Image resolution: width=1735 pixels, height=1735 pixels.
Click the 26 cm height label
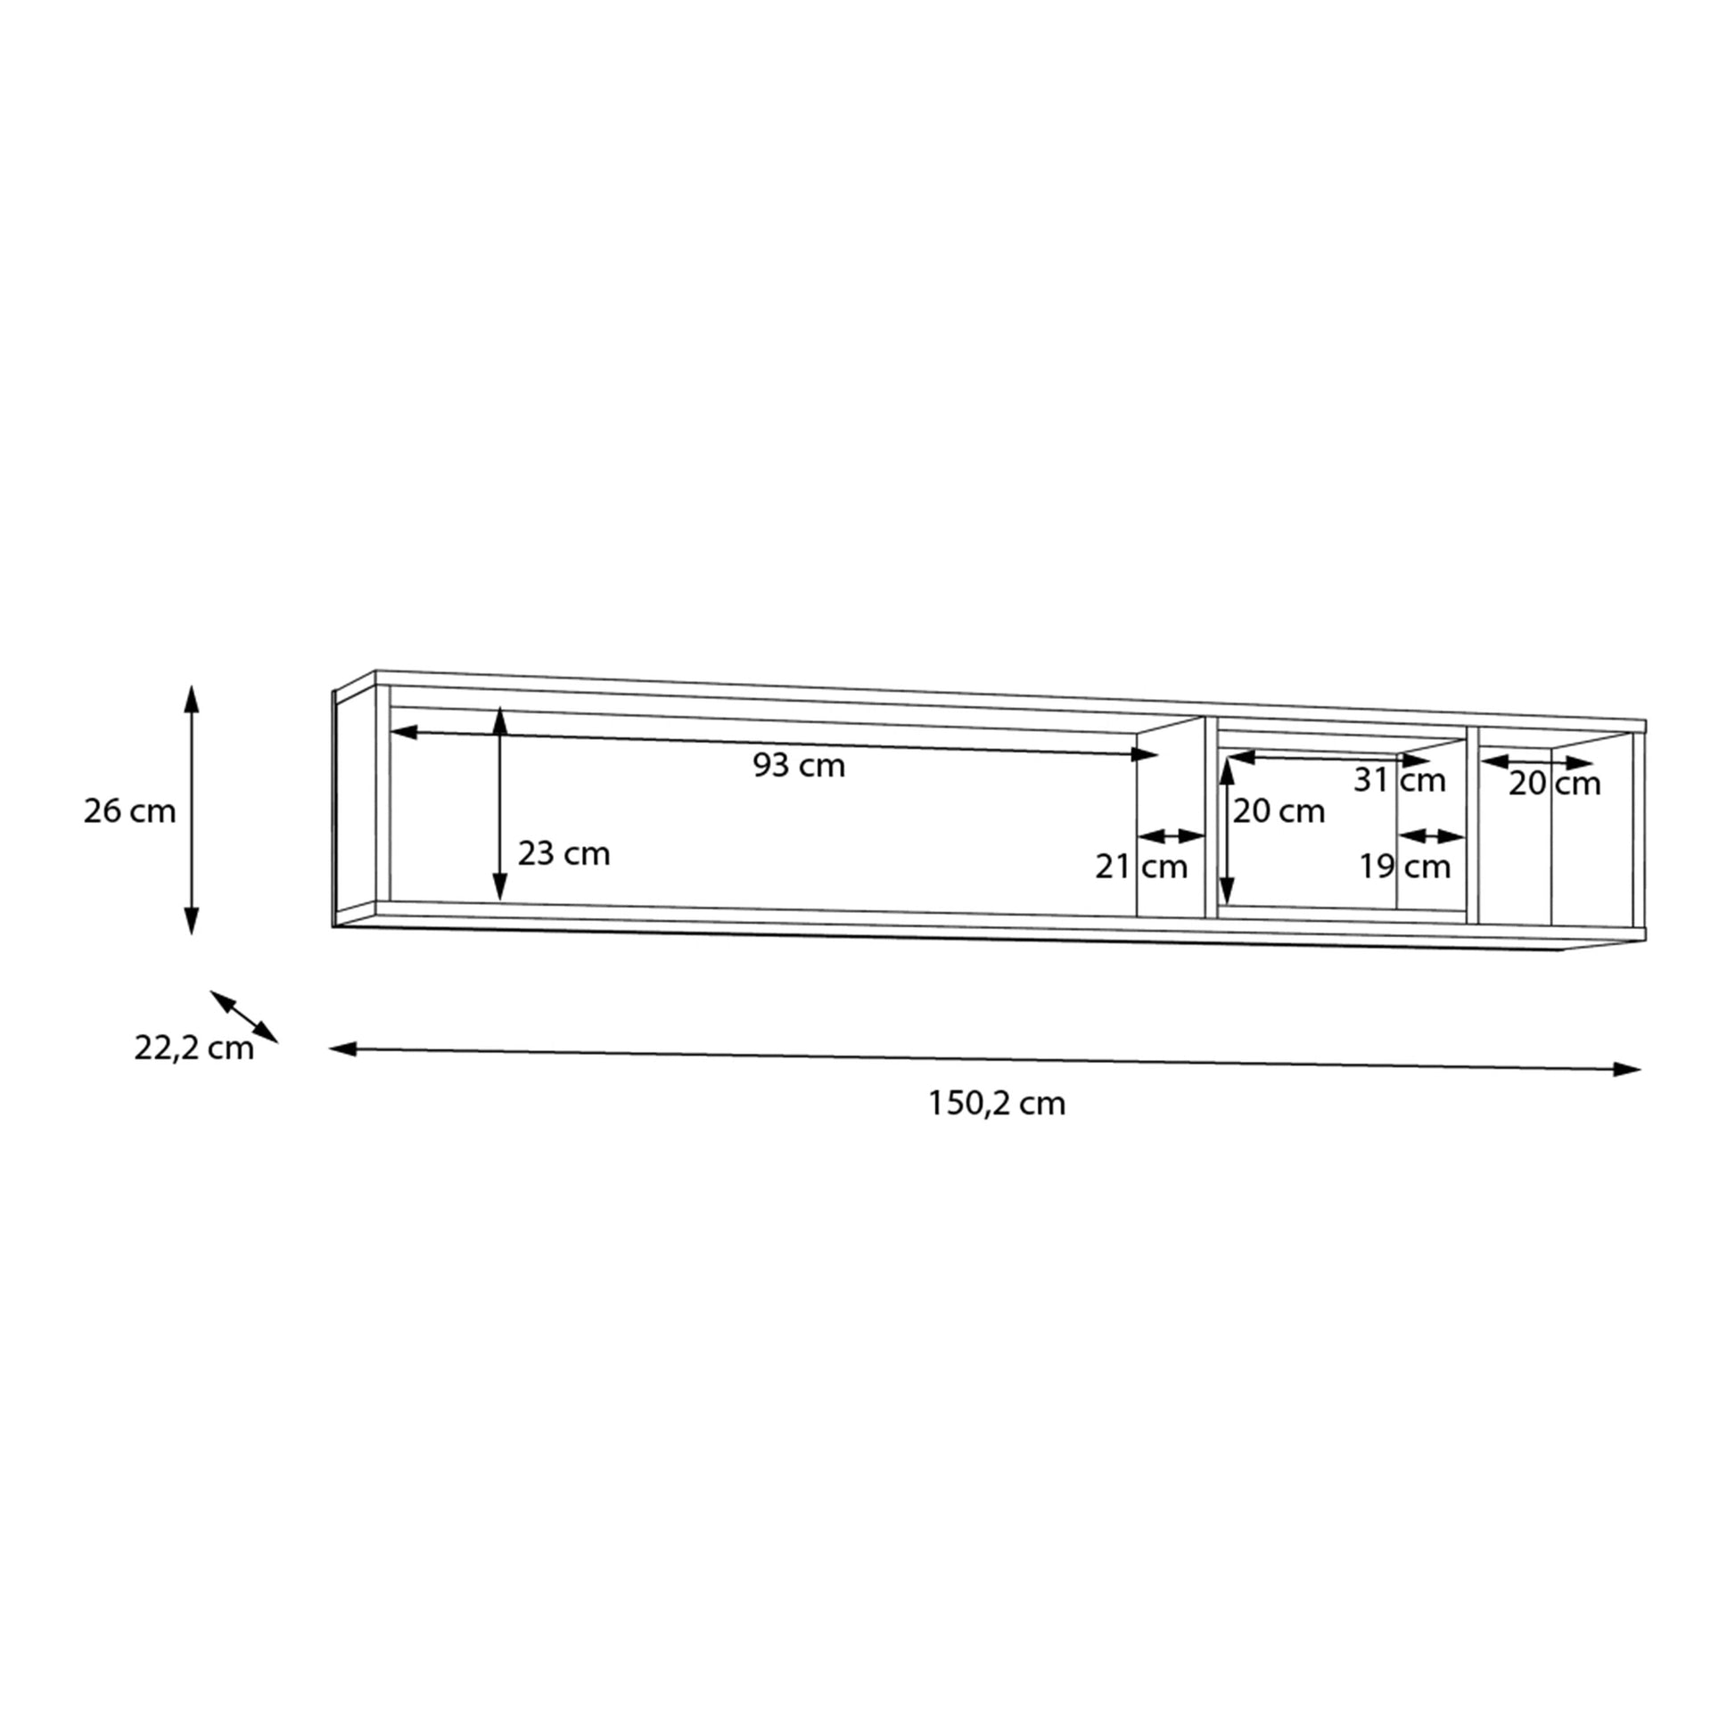129,812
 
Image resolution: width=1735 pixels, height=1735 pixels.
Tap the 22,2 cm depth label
194,1048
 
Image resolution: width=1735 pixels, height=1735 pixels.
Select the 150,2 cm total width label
997,1104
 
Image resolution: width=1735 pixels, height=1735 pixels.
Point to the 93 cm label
799,766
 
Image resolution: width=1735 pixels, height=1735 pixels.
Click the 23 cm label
564,853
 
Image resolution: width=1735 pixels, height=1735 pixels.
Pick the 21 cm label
1141,867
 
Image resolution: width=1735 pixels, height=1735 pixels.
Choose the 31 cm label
1400,780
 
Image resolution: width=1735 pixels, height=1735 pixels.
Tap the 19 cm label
1404,867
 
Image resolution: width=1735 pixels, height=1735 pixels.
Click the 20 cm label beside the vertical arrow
1279,812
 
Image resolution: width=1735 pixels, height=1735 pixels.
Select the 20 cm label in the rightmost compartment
1555,784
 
